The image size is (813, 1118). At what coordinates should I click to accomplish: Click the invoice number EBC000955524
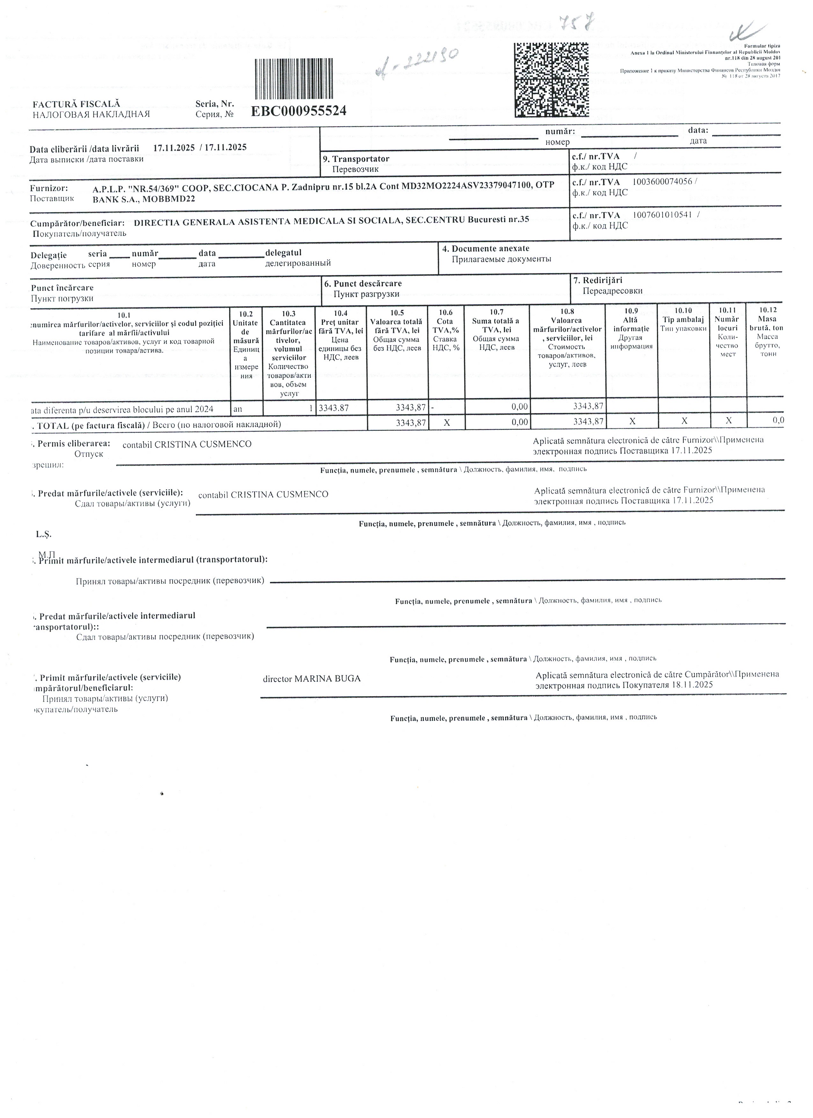(298, 111)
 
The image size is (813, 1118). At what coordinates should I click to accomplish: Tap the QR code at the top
(551, 80)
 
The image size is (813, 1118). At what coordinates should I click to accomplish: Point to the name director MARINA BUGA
(311, 679)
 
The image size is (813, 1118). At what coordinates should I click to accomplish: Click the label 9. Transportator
(355, 159)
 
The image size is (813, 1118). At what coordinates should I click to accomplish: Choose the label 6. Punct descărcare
(363, 283)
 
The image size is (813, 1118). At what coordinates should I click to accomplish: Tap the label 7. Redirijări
(597, 280)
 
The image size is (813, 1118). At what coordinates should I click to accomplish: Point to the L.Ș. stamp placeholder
(43, 534)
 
